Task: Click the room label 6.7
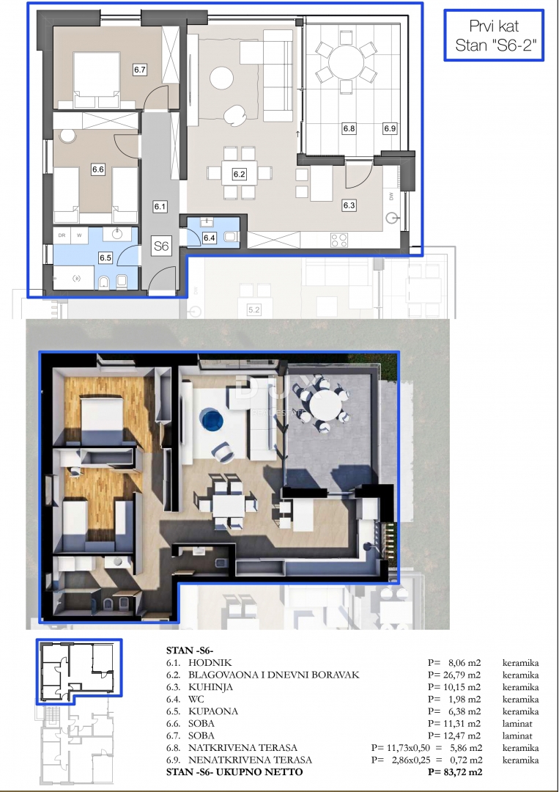pos(141,70)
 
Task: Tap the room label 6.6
pos(98,169)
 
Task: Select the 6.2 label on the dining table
pos(239,175)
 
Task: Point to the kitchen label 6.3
pos(349,205)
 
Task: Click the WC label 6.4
pos(210,238)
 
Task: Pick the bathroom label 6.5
pos(105,257)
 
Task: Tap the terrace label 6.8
pos(349,129)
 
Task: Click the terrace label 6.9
pos(390,129)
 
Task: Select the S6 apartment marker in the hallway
pos(160,247)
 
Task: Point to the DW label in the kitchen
pos(392,197)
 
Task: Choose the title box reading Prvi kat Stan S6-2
pos(492,34)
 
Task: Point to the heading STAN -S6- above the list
pos(191,650)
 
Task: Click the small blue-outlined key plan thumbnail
pos(78,672)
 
